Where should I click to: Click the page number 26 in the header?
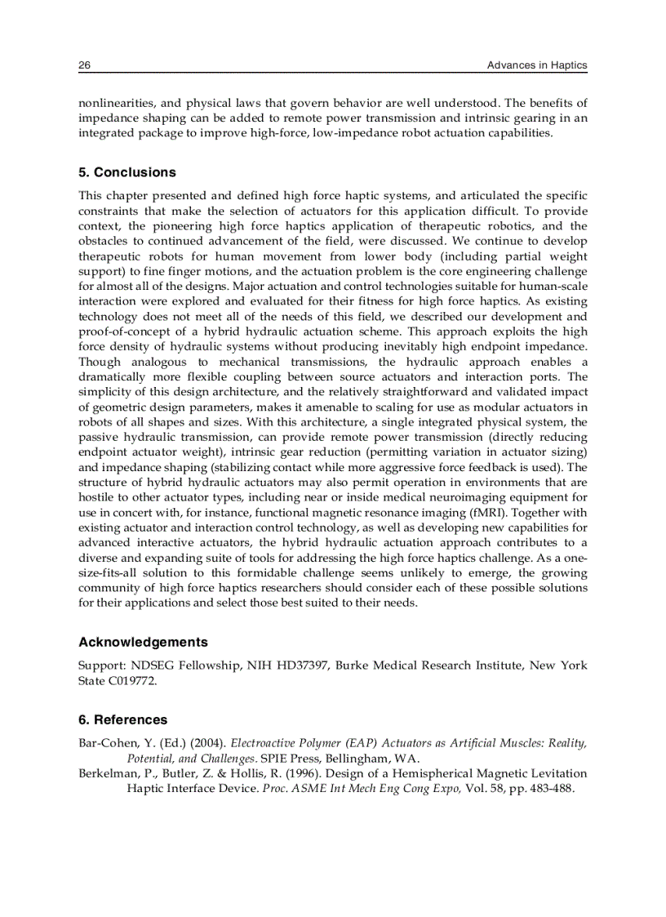[84, 65]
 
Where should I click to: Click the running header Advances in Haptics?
[536, 65]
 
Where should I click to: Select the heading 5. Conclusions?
[127, 172]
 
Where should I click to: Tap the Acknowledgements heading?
[143, 642]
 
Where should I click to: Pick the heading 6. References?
[123, 719]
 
